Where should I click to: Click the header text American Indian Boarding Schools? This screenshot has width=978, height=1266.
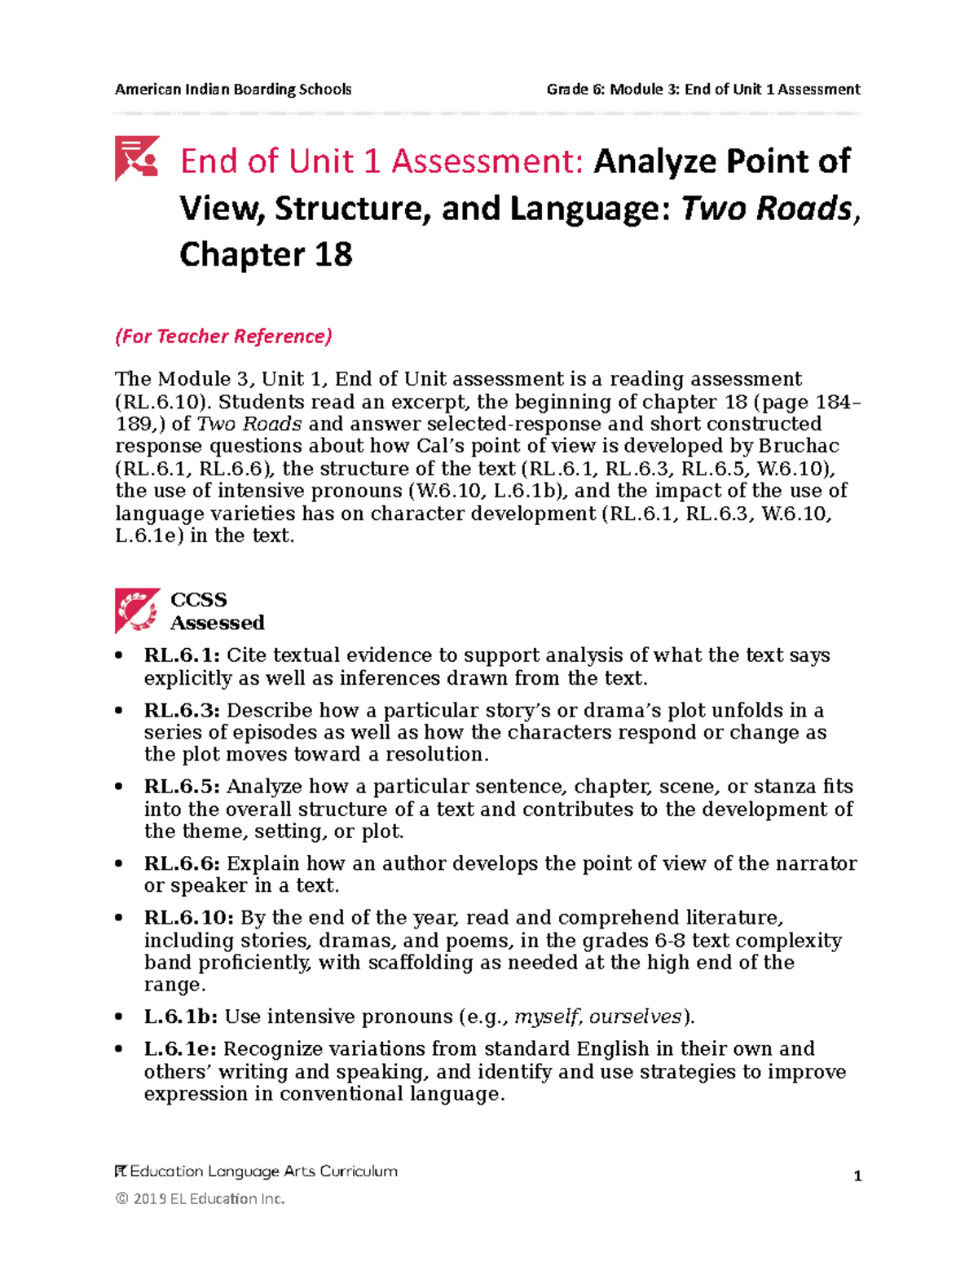pos(233,89)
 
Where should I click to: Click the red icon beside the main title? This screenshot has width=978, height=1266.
pos(136,158)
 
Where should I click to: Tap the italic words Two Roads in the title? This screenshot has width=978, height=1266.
pos(765,209)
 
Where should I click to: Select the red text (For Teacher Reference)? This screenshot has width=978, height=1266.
pos(223,336)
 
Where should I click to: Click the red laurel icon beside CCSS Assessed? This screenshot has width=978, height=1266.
pos(137,611)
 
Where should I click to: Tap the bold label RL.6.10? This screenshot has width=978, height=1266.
pos(188,918)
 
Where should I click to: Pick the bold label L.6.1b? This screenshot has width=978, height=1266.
pos(181,1017)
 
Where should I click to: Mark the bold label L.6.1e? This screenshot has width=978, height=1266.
pos(180,1048)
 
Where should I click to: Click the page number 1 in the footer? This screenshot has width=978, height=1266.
pos(857,1176)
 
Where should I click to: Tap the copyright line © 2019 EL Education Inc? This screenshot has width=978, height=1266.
pos(200,1198)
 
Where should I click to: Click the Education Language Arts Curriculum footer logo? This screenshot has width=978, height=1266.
pos(256,1171)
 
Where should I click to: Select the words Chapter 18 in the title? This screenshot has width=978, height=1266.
pos(266,255)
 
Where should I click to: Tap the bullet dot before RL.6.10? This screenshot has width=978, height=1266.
pos(120,919)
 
